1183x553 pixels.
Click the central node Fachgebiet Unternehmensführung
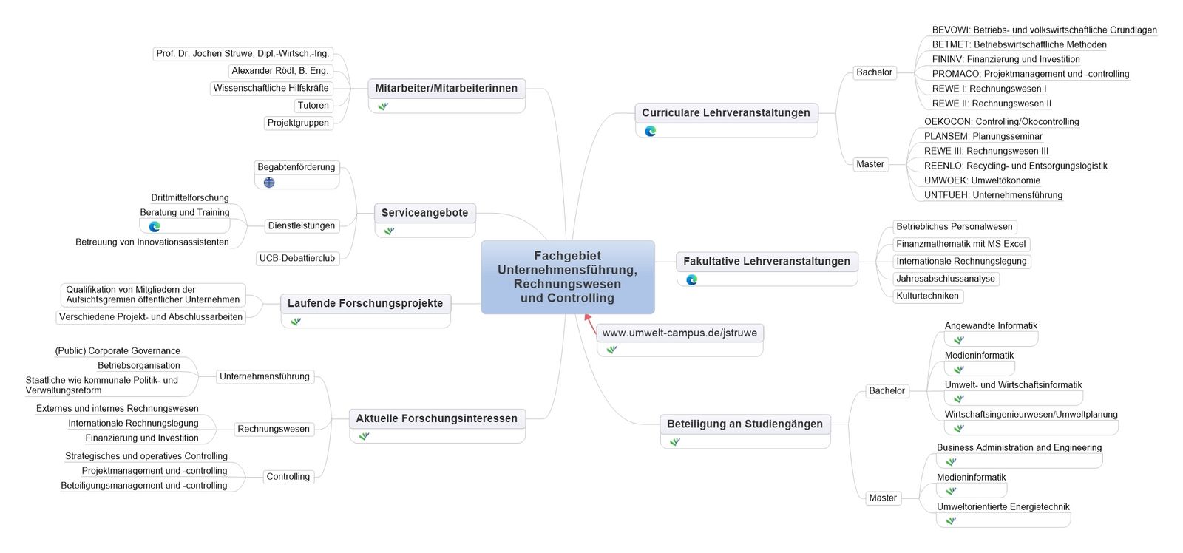pyautogui.click(x=568, y=276)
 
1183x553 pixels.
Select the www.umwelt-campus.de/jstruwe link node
pyautogui.click(x=679, y=333)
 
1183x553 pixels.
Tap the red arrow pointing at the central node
pyautogui.click(x=591, y=324)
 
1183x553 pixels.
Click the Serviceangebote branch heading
pyautogui.click(x=424, y=213)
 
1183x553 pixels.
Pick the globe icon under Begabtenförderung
pyautogui.click(x=269, y=183)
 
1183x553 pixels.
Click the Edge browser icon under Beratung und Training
pyautogui.click(x=155, y=226)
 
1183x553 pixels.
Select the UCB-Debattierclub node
pyautogui.click(x=296, y=258)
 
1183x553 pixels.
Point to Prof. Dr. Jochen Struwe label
pyautogui.click(x=243, y=53)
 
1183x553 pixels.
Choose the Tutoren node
pyautogui.click(x=313, y=106)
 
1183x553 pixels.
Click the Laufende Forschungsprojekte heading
pyautogui.click(x=365, y=303)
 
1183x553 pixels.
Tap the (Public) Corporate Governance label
pyautogui.click(x=118, y=350)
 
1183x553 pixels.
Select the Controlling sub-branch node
pyautogui.click(x=288, y=476)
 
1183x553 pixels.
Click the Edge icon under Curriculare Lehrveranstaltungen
pyautogui.click(x=651, y=131)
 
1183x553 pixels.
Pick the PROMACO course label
pyautogui.click(x=1031, y=74)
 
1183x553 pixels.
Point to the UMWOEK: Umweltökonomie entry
pyautogui.click(x=983, y=180)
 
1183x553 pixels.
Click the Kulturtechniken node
pyautogui.click(x=927, y=296)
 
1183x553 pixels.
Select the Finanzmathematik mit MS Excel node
pyautogui.click(x=961, y=244)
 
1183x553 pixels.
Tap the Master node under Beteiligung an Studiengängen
pyautogui.click(x=883, y=498)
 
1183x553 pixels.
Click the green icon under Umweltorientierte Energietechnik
pyautogui.click(x=951, y=520)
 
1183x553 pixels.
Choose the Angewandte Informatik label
pyautogui.click(x=991, y=326)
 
